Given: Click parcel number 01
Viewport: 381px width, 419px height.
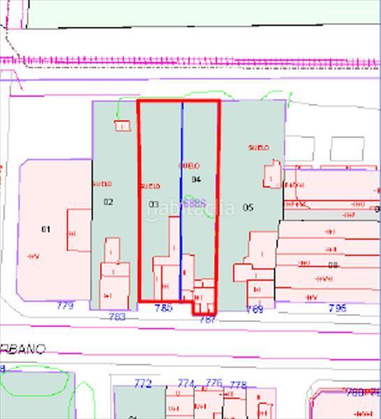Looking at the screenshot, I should click(47, 229).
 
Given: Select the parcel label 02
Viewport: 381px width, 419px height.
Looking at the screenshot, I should click(108, 202).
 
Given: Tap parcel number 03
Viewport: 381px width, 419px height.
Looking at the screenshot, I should click(154, 205).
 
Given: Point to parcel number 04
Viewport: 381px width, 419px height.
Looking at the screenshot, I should click(196, 179).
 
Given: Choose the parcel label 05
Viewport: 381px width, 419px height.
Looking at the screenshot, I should click(248, 207).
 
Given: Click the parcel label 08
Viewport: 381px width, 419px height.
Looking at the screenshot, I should click(333, 265).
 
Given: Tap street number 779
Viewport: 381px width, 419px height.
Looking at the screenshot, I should click(65, 305).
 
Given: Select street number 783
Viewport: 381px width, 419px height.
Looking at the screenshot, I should click(117, 317).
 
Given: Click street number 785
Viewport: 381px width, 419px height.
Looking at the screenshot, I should click(163, 308).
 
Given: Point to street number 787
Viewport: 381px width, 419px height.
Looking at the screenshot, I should click(208, 319).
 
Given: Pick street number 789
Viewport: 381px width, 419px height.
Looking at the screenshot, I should click(255, 309).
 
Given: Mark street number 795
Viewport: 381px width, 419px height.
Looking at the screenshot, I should click(337, 308).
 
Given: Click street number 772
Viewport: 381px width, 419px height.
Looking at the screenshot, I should click(142, 383).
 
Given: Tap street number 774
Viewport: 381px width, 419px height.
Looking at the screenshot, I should click(186, 383).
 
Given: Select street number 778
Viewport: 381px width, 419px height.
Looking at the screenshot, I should click(238, 385).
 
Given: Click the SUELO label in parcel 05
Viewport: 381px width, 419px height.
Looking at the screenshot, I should click(259, 148).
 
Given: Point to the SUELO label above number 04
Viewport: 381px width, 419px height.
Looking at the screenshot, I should click(189, 166).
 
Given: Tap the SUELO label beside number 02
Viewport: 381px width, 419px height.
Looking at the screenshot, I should click(102, 184).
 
